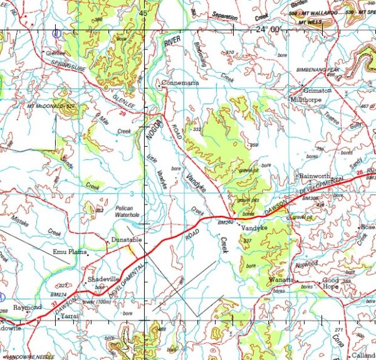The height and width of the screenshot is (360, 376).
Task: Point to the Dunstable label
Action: pyautogui.click(x=127, y=240)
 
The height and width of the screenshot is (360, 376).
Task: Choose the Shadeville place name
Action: pyautogui.click(x=103, y=278)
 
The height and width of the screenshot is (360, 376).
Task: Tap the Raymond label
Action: pyautogui.click(x=28, y=307)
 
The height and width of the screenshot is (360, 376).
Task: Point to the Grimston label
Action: pyautogui.click(x=318, y=90)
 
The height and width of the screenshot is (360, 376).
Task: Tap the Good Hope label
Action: pyautogui.click(x=331, y=283)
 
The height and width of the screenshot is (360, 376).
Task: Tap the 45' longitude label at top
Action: pyautogui.click(x=144, y=13)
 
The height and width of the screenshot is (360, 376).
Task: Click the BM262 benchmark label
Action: pyautogui.click(x=226, y=222)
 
